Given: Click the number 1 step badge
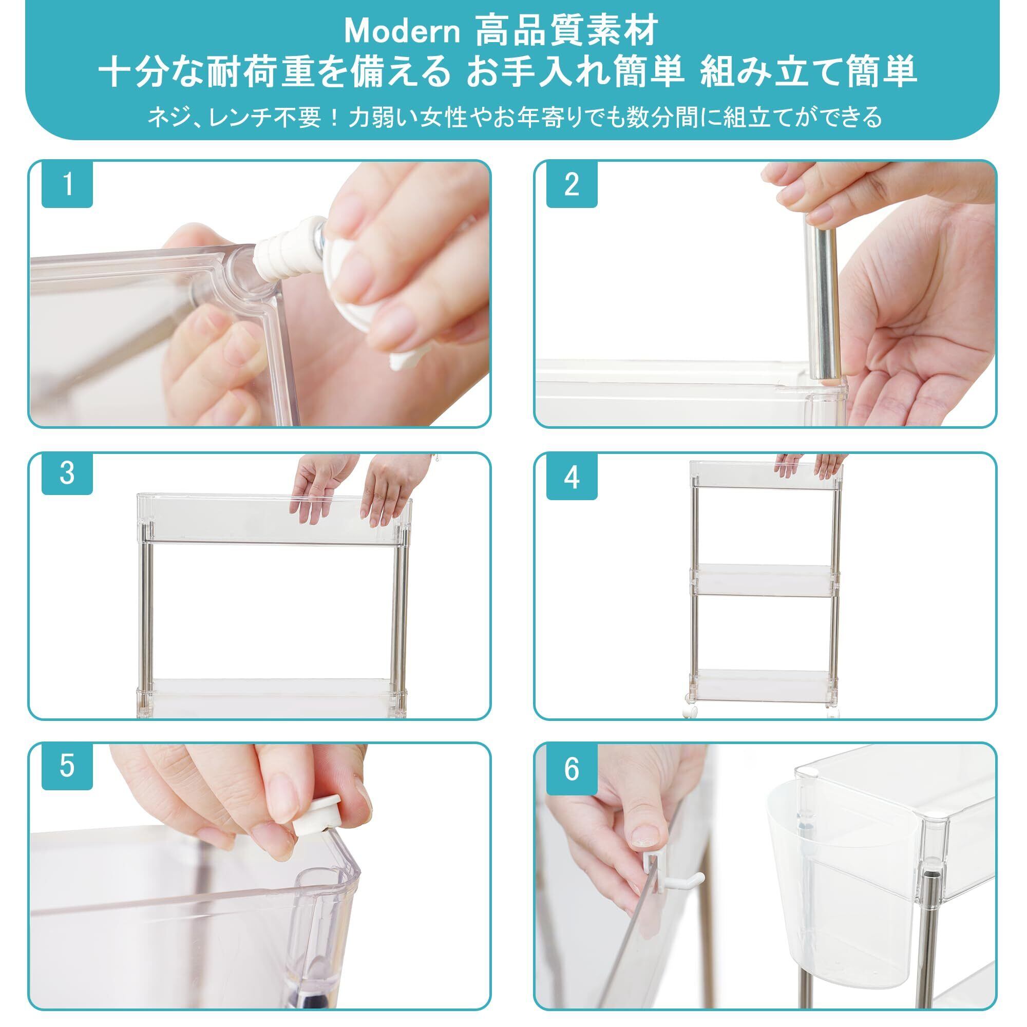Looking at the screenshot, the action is pyautogui.click(x=67, y=184).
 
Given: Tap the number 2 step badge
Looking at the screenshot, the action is pyautogui.click(x=572, y=184).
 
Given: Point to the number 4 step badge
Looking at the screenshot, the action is pyautogui.click(x=572, y=478).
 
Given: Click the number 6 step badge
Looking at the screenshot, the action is pyautogui.click(x=572, y=769).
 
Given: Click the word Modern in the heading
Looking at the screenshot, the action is pyautogui.click(x=402, y=32).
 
